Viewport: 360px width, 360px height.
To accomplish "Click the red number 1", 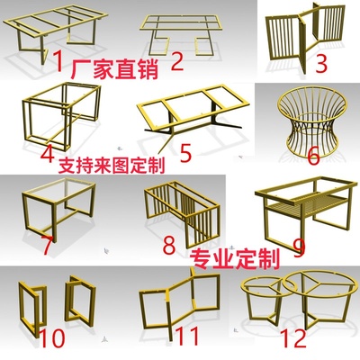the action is [x=59, y=60].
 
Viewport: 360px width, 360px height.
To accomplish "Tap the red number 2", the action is [x=177, y=60].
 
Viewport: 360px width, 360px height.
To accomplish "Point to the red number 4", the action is [x=48, y=152].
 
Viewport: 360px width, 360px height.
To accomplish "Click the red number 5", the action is [x=186, y=152].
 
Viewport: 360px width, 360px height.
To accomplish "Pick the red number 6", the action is [x=314, y=156].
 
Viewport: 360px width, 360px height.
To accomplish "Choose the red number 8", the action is [x=169, y=244].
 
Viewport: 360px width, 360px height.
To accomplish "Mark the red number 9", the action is [x=299, y=247].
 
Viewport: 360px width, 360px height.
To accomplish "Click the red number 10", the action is [x=52, y=337].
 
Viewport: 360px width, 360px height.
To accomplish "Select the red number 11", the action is [x=186, y=336].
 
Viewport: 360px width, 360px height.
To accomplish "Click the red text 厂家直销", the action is [x=114, y=68].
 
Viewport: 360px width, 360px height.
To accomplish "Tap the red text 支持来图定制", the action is [x=112, y=166].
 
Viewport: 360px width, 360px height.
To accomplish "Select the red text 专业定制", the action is [x=236, y=259].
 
